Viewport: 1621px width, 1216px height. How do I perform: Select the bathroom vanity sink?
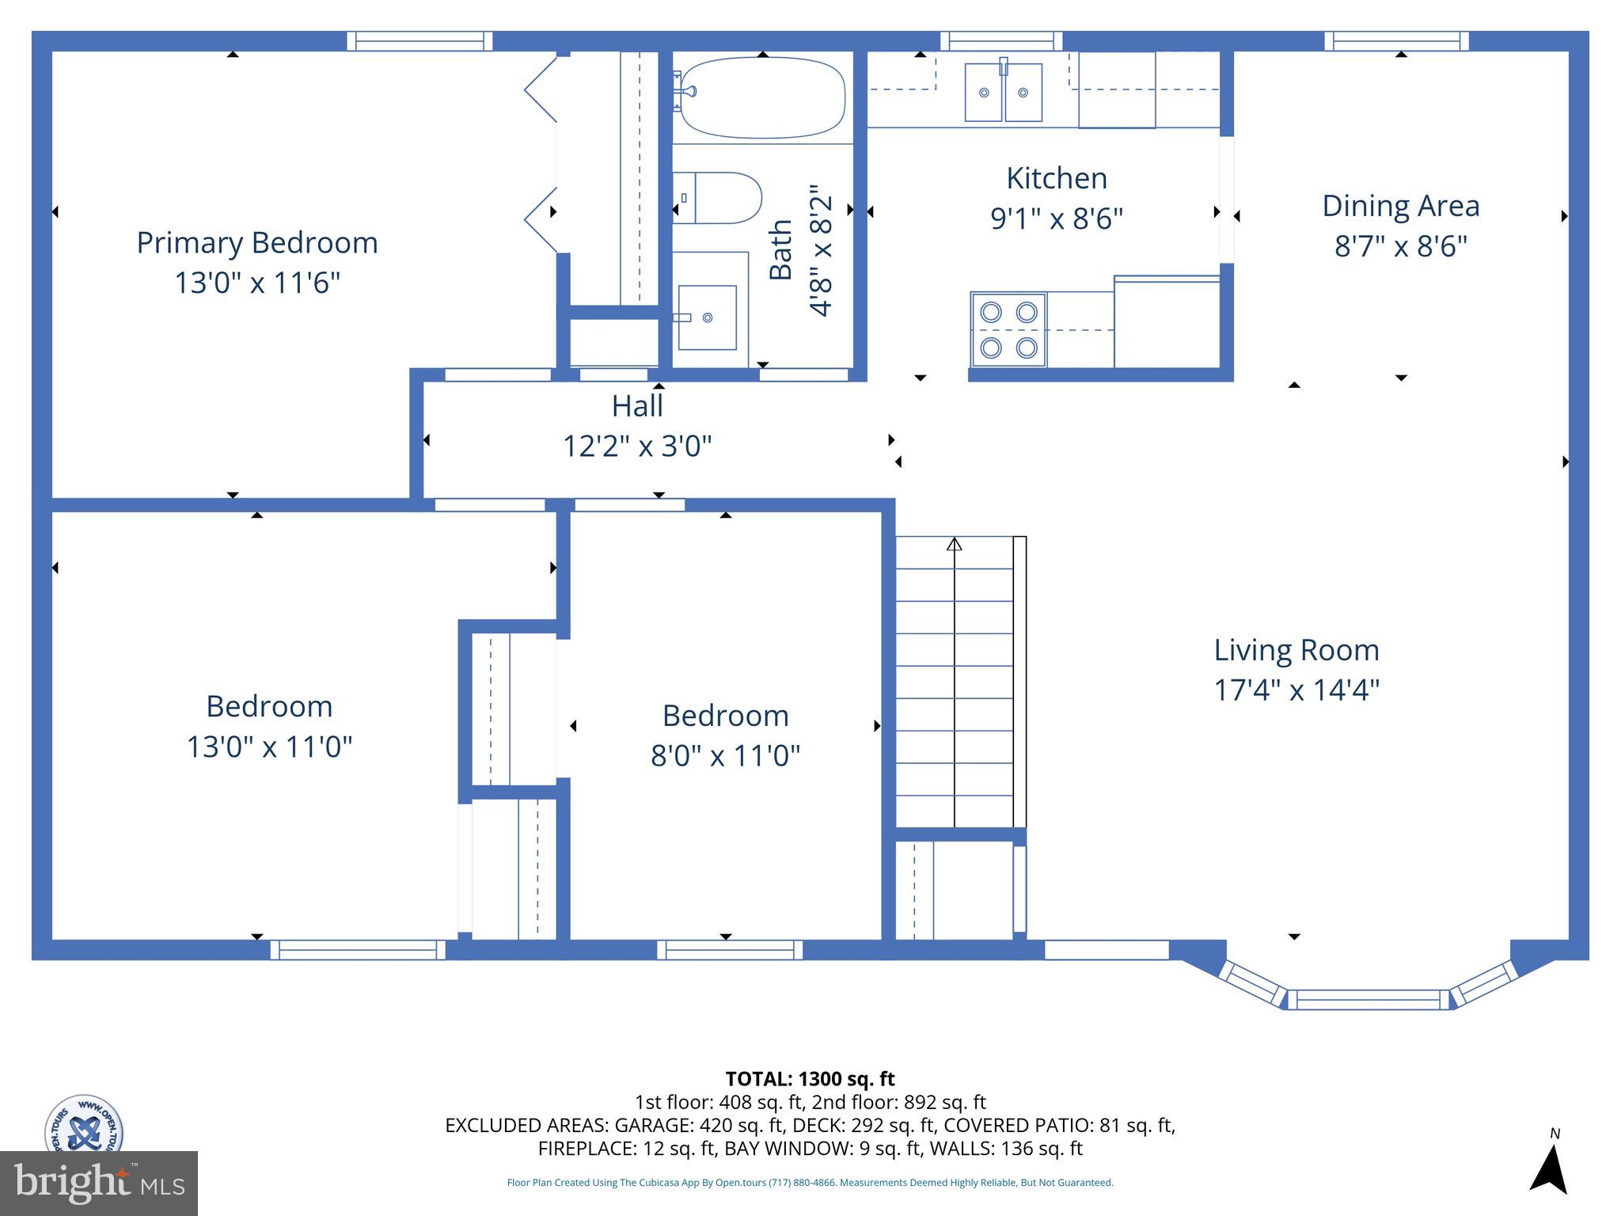(707, 317)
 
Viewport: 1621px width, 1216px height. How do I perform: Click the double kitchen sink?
(1003, 93)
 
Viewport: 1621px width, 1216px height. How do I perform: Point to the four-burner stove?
(1008, 330)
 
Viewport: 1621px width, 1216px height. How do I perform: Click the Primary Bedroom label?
(257, 242)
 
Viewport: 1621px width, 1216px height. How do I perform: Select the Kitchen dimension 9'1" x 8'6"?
(1057, 218)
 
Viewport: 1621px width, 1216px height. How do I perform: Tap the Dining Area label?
(1400, 206)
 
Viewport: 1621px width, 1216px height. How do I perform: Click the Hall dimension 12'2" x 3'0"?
(637, 446)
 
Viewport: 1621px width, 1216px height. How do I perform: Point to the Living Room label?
(1296, 650)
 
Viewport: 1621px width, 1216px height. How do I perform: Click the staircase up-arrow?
(955, 545)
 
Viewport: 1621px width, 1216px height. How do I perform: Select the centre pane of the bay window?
(1368, 999)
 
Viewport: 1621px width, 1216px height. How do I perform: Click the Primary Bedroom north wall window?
(419, 41)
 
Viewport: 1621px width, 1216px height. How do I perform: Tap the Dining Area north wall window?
(1396, 41)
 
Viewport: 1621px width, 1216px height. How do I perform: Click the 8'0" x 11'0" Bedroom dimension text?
(725, 756)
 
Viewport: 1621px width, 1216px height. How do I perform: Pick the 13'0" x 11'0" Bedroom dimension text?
(269, 747)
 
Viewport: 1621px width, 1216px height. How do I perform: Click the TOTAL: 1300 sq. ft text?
(810, 1079)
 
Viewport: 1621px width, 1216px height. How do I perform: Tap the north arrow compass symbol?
(1549, 1166)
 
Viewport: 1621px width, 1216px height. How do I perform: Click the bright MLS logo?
(99, 1183)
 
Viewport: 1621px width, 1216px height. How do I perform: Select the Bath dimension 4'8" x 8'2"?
(822, 250)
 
